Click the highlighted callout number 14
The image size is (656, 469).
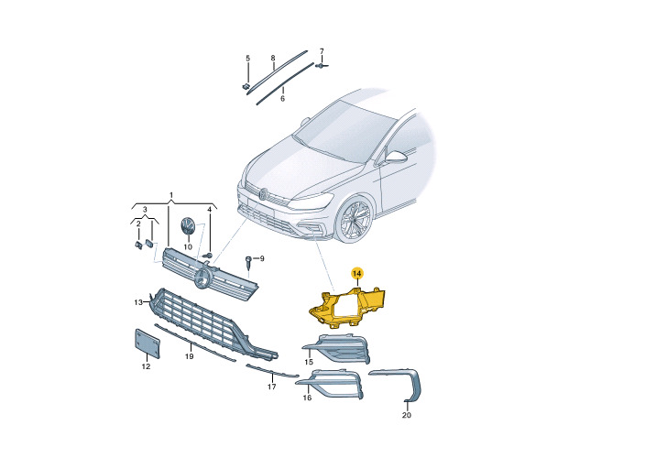357,274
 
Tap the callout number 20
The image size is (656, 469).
406,415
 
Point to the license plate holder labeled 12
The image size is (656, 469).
148,344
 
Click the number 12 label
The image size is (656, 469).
146,366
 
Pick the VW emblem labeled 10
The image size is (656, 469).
188,227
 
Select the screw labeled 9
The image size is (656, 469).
248,263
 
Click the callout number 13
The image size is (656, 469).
138,302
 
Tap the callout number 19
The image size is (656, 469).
189,356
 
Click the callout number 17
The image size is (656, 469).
271,387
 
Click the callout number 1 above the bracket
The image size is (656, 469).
171,195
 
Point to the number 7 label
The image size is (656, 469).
322,51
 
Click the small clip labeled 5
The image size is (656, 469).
246,87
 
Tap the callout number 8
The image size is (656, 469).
273,58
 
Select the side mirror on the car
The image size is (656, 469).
396,157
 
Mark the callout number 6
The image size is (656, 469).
282,99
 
